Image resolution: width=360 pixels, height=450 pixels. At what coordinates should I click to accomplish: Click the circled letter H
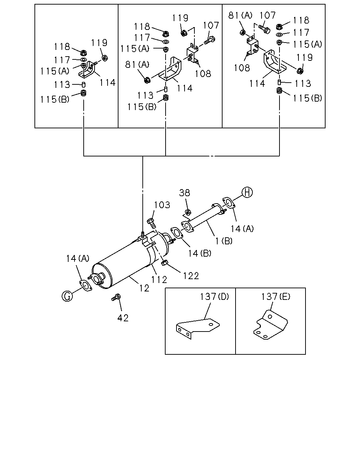(x=247, y=192)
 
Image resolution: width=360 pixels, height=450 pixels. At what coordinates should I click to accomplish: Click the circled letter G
(x=67, y=296)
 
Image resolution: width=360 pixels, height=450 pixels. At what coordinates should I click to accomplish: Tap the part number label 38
(x=185, y=193)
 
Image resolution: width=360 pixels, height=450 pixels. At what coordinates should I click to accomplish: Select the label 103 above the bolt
(x=162, y=205)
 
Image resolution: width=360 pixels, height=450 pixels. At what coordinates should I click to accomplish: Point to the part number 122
(x=191, y=276)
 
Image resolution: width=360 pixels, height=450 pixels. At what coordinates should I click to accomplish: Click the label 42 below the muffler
(x=123, y=318)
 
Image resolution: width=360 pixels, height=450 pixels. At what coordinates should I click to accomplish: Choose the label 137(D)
(x=214, y=296)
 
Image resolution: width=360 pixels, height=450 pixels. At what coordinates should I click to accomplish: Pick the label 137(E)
(x=276, y=296)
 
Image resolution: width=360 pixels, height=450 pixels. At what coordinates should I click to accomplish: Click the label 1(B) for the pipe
(x=224, y=241)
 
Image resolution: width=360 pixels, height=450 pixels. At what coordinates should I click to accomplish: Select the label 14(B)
(x=200, y=253)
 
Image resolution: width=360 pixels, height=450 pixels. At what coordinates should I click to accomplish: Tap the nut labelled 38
(x=188, y=212)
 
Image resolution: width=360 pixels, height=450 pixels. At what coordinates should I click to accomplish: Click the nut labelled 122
(x=165, y=263)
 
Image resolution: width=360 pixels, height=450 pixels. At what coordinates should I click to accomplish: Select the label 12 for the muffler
(x=144, y=288)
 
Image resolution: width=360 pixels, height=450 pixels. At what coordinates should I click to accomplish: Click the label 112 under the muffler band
(x=159, y=279)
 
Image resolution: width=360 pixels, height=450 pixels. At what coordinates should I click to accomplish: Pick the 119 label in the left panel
(x=99, y=43)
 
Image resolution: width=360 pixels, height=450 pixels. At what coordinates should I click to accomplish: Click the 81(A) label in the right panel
(x=240, y=15)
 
